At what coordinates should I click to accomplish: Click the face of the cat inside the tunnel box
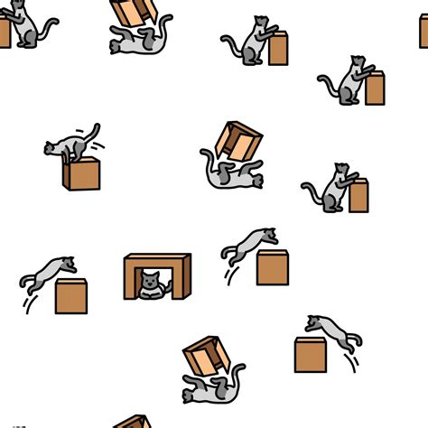click(x=152, y=281)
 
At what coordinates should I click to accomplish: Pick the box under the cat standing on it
click(x=81, y=172)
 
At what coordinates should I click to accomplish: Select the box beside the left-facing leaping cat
click(x=310, y=354)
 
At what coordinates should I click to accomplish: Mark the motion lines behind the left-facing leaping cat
click(x=353, y=361)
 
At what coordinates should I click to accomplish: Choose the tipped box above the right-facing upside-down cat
click(x=238, y=140)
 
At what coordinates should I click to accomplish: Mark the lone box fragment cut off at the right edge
click(x=423, y=32)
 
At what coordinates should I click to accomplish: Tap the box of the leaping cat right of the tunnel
click(x=272, y=267)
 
